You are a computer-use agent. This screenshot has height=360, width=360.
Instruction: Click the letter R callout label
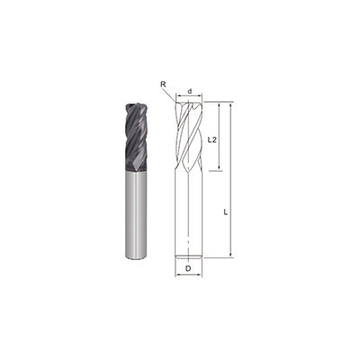[164, 85]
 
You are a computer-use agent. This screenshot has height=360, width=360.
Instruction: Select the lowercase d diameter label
[189, 90]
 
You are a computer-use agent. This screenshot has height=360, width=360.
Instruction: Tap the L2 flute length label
[211, 140]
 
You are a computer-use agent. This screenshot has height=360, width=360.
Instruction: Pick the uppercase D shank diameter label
[188, 269]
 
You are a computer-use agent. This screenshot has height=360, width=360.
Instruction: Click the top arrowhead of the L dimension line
[231, 105]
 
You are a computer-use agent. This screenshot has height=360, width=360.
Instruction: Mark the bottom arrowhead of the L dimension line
[231, 256]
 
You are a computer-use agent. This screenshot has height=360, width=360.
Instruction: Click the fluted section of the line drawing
[189, 135]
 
